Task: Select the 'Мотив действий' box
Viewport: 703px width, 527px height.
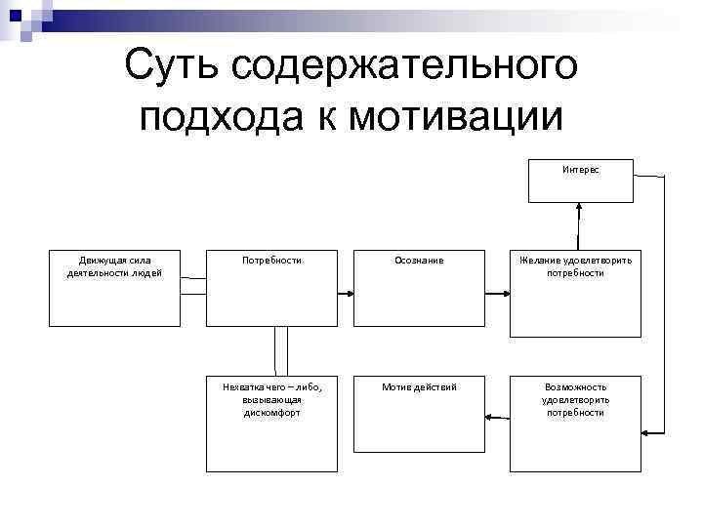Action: click(x=419, y=412)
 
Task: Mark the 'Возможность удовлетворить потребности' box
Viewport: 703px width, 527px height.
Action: click(x=575, y=412)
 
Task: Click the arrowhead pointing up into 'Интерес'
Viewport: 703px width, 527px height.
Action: click(x=580, y=207)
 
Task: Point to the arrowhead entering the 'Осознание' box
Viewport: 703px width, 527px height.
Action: click(x=349, y=293)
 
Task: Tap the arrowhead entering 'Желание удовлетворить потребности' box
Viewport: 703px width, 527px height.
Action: click(x=505, y=293)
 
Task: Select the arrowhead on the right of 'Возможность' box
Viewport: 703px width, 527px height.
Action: click(x=645, y=429)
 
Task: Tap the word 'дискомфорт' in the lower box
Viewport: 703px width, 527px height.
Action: click(x=272, y=413)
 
